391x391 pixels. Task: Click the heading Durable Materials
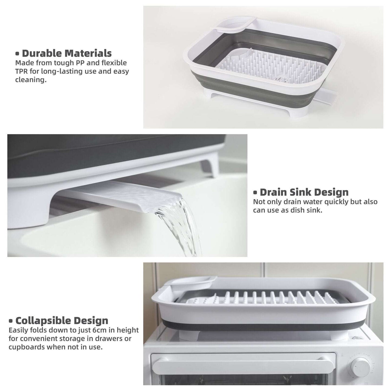67,53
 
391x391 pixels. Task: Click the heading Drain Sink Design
304,192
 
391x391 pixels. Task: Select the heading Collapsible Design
62,321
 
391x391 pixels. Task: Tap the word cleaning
31,80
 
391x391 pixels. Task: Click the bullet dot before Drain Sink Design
255,193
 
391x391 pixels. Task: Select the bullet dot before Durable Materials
18,54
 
